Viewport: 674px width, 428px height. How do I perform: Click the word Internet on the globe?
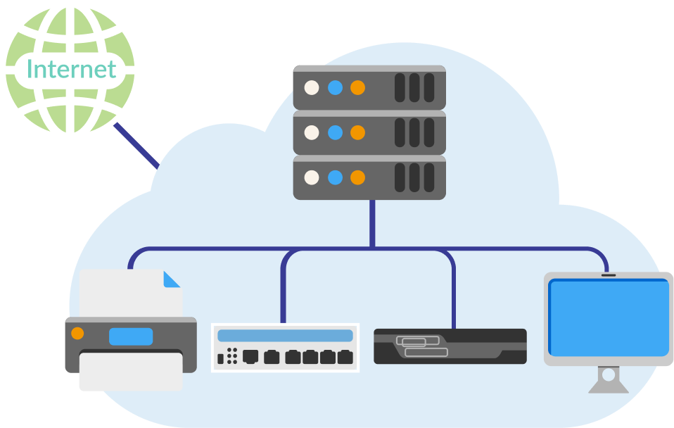(x=70, y=70)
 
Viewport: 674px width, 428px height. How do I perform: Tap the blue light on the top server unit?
(x=335, y=88)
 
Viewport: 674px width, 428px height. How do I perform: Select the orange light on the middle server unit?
(x=357, y=132)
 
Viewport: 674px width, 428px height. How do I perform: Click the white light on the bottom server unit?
(x=312, y=177)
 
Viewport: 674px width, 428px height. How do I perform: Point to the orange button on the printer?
(x=77, y=333)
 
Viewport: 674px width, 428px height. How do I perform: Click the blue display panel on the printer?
(x=131, y=336)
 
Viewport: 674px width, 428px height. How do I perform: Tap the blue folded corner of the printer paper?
(x=171, y=279)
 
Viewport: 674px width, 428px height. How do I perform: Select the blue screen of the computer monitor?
(x=609, y=317)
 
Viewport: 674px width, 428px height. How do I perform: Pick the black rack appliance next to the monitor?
(x=450, y=346)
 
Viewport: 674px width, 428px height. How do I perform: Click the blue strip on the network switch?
(x=285, y=336)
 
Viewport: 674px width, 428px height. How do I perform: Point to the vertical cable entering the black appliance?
(x=453, y=296)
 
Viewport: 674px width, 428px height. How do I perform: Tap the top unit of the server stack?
(x=369, y=88)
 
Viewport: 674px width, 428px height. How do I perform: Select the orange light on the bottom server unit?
(x=357, y=177)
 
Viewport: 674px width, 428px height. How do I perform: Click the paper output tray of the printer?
(x=131, y=370)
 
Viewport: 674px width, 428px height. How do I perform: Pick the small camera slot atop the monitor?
(x=609, y=275)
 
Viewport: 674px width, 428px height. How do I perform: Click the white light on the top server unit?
(x=312, y=88)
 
